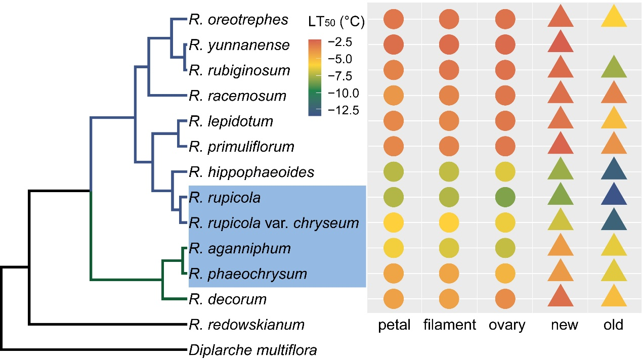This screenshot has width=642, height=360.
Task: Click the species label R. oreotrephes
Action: (x=238, y=20)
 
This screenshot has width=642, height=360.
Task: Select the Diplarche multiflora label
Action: (x=252, y=349)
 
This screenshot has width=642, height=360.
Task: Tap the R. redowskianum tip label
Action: (x=246, y=325)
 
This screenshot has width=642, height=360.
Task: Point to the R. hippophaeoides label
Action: (x=251, y=172)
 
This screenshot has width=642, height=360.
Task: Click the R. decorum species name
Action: (x=228, y=299)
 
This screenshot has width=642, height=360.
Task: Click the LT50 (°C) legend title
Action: (x=336, y=22)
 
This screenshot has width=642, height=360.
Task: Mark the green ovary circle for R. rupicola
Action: (x=505, y=197)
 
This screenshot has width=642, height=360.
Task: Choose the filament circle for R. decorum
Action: (x=449, y=298)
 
